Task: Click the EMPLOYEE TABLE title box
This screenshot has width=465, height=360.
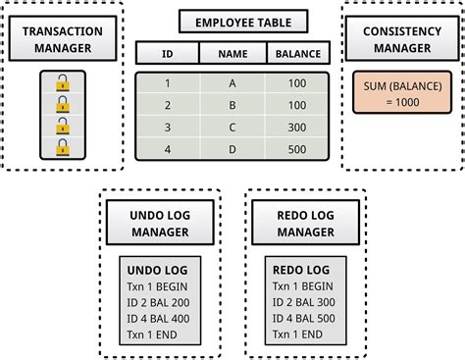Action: (x=242, y=21)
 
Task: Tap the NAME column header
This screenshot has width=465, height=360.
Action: (x=232, y=53)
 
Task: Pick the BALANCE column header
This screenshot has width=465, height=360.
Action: (x=298, y=53)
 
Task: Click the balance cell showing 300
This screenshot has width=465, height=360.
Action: (x=297, y=127)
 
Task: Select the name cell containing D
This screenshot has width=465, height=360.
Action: (x=232, y=149)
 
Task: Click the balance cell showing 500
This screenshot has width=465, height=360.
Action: (x=297, y=149)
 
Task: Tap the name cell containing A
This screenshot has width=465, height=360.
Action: (x=232, y=82)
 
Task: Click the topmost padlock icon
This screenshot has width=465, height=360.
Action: (x=62, y=85)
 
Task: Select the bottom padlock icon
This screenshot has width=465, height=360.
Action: (x=62, y=148)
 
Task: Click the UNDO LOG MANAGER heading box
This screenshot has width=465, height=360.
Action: (x=160, y=222)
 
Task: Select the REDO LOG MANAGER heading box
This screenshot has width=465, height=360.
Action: (x=305, y=222)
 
